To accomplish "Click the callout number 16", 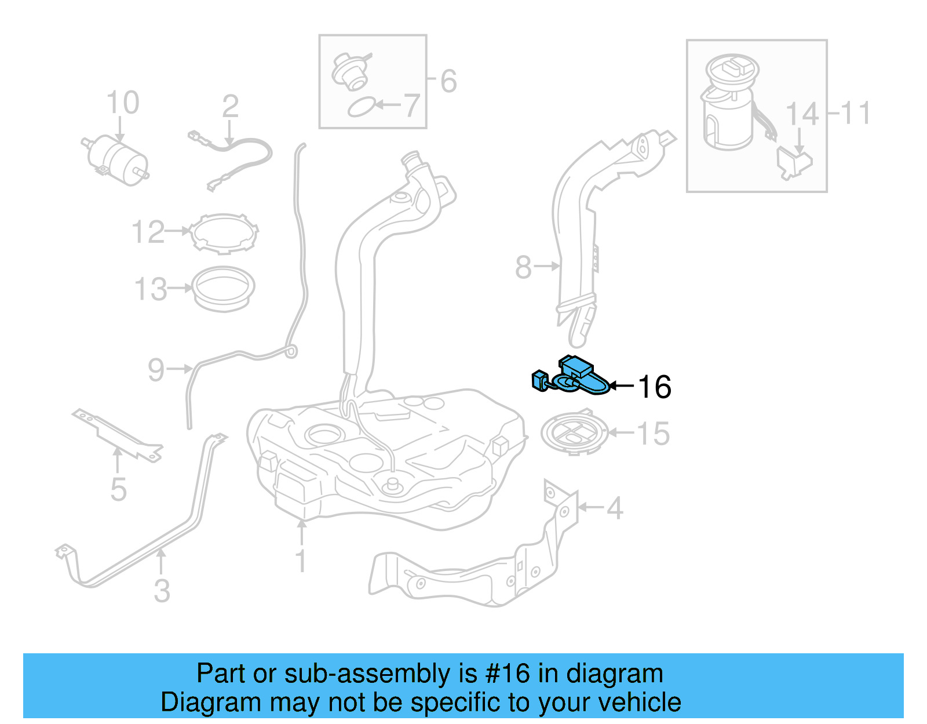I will tap(655, 387).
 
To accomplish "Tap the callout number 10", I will tap(123, 103).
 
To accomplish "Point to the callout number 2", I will tap(230, 107).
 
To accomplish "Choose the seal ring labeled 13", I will tap(223, 288).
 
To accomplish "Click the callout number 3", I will tap(162, 591).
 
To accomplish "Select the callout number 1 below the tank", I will tap(301, 561).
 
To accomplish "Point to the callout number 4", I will tap(615, 508).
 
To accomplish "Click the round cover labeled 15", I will tap(574, 433).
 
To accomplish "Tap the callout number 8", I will tap(523, 267).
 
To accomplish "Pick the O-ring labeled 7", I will tap(360, 107).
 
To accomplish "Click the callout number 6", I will tap(449, 81).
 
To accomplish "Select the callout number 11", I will tap(856, 113).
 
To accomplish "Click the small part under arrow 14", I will tap(794, 162).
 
